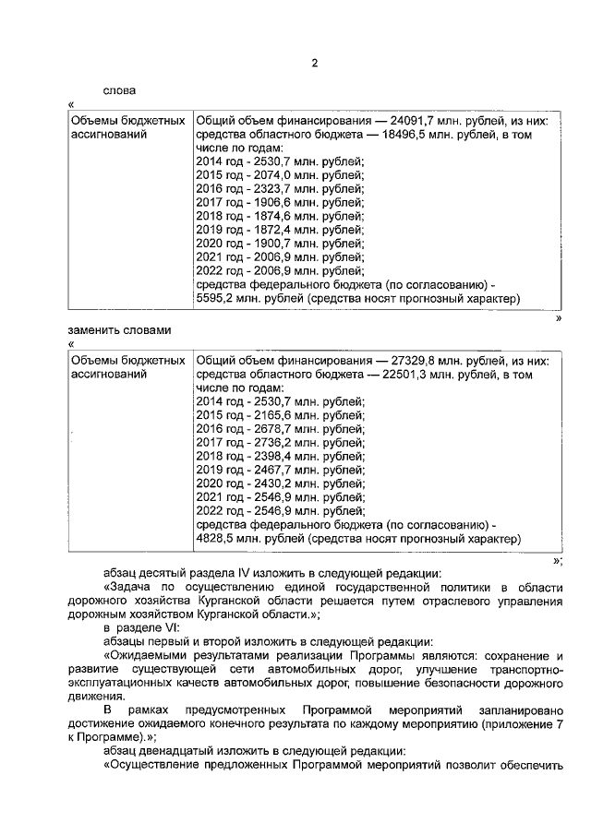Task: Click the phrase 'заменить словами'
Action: tap(119, 329)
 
